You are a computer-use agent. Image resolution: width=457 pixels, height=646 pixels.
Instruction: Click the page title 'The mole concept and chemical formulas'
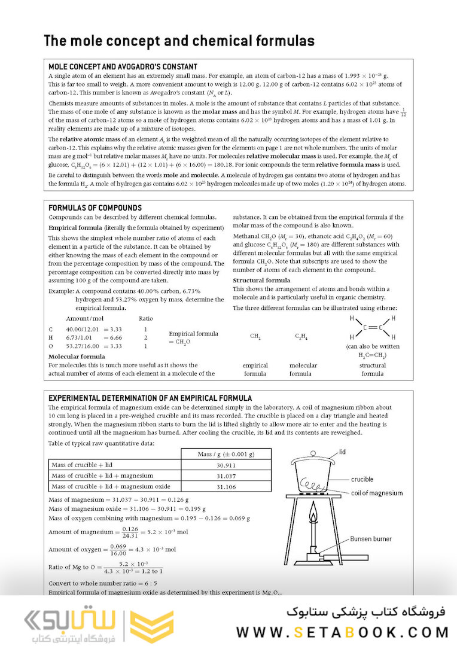(x=179, y=41)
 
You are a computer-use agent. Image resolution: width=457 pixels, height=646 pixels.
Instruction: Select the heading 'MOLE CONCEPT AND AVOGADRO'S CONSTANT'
(x=123, y=67)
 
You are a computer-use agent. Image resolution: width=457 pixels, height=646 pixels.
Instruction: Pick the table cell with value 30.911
(x=226, y=465)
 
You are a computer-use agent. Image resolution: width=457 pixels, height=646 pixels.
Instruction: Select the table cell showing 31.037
(x=226, y=476)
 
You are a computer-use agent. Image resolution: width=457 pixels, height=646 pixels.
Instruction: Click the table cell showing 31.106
(x=226, y=487)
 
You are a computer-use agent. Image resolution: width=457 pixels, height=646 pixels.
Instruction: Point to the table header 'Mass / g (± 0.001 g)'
(x=226, y=454)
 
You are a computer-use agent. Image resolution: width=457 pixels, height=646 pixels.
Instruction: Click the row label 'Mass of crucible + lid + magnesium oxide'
(x=111, y=487)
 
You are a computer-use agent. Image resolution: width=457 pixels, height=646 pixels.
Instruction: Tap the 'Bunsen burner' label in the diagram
(x=371, y=539)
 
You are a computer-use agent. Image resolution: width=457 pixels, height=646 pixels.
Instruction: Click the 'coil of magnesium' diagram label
(x=377, y=493)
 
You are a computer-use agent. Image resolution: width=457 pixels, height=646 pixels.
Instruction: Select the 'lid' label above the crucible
(x=343, y=451)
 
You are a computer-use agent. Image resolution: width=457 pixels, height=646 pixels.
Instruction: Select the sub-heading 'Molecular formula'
(x=76, y=356)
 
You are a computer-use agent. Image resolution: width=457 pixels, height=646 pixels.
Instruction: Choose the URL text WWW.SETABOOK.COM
(x=342, y=632)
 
